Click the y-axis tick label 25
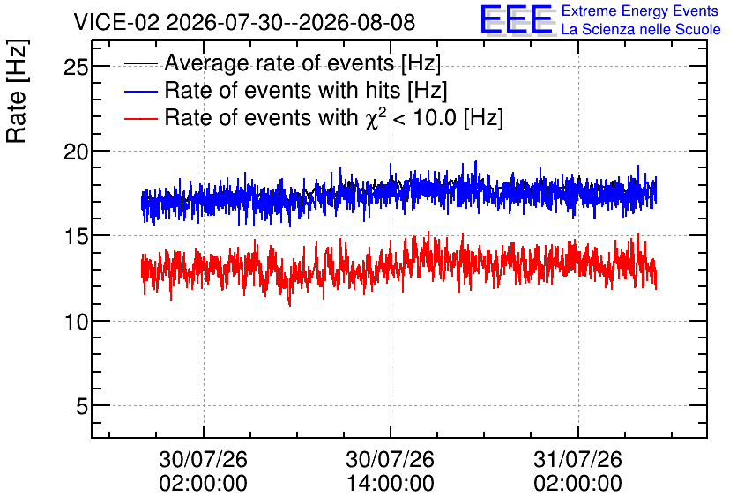76,67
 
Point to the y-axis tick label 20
76,152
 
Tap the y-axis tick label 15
76,237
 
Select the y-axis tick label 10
76,322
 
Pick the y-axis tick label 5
82,406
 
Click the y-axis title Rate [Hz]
17,91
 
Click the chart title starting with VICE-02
244,22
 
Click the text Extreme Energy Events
640,11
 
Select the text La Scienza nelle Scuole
641,29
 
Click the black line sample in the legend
140,63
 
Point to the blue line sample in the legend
140,91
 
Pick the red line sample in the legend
140,118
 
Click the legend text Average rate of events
279,63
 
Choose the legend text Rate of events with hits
282,90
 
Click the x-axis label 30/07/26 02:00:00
203,471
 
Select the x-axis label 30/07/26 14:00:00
391,471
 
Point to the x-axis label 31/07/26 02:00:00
577,471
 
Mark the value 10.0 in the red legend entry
435,117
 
